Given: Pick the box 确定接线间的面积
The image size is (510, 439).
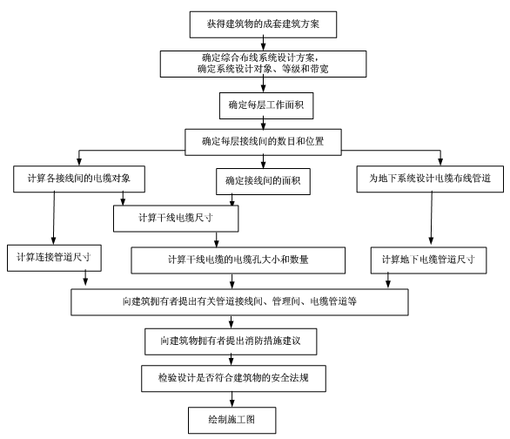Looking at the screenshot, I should (x=257, y=180).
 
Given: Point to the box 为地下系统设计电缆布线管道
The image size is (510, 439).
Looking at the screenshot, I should (x=427, y=179).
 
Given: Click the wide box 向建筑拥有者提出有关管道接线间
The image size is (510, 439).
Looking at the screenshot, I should (x=240, y=301).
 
